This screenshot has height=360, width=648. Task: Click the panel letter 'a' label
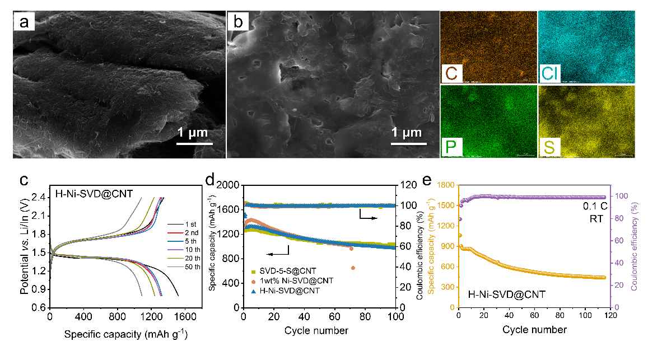(25, 23)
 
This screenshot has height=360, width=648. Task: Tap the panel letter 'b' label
(239, 23)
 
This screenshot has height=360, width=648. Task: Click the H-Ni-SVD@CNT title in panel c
(86, 195)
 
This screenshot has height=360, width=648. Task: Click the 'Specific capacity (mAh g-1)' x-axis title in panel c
(125, 335)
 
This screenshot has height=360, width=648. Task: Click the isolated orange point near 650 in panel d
(353, 268)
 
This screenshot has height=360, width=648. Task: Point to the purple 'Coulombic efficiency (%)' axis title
(635, 246)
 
